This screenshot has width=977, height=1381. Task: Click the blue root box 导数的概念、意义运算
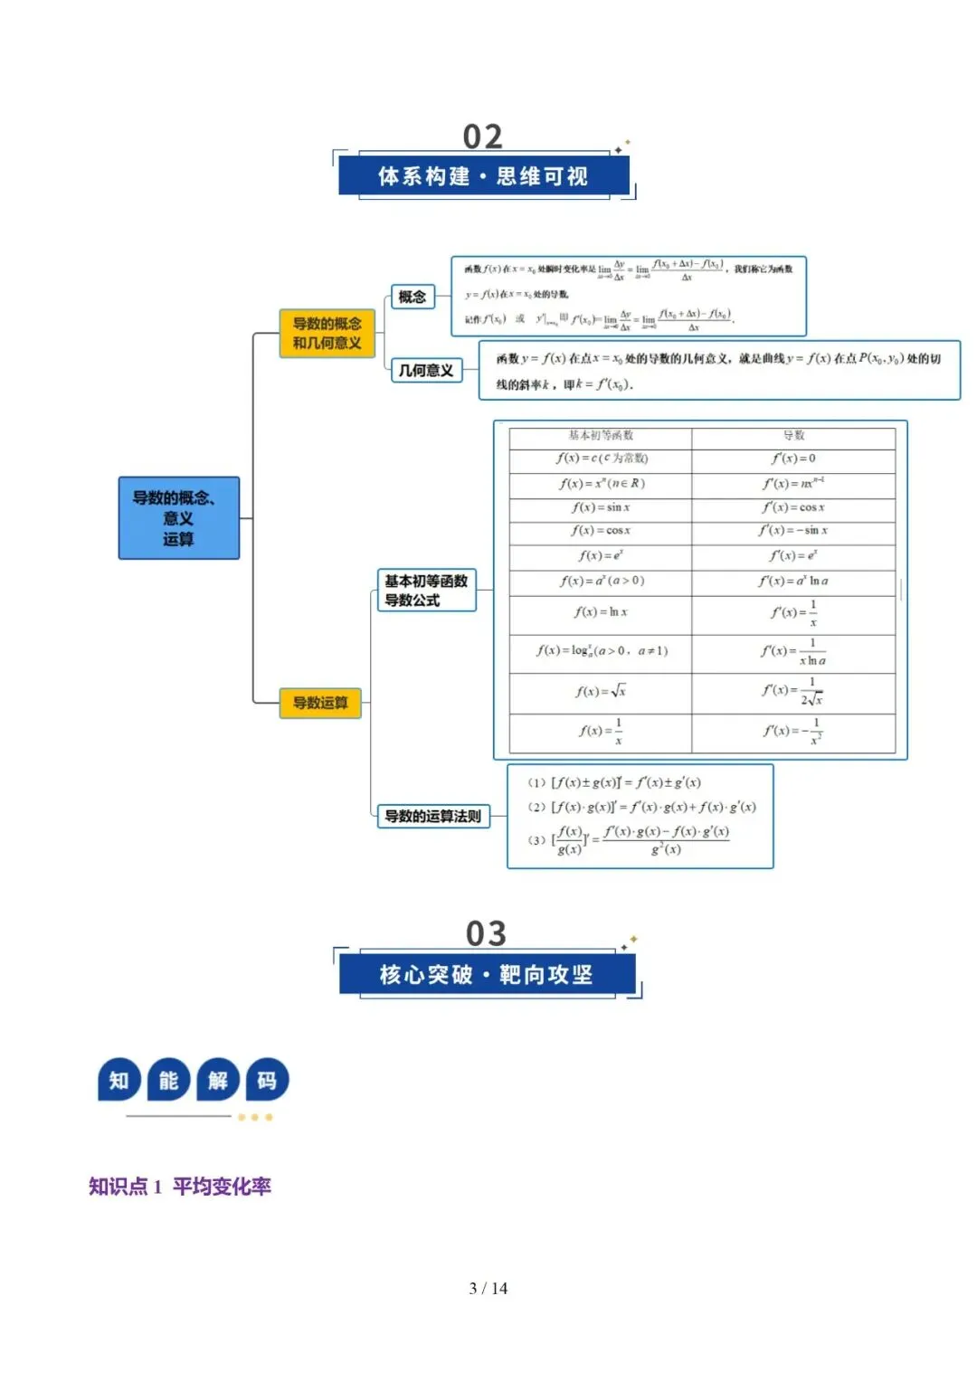179,518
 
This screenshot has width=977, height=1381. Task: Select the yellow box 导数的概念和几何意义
327,333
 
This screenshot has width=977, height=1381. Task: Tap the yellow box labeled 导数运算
320,703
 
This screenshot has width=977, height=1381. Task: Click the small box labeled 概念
412,297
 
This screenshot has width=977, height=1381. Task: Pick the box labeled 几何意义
426,370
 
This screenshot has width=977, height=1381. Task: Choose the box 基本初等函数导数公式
426,591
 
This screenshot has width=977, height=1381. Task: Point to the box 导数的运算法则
432,816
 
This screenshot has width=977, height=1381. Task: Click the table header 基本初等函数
601,436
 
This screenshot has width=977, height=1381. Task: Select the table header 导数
793,436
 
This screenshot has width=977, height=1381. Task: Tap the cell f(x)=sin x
601,507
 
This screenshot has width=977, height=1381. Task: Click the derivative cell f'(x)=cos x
793,507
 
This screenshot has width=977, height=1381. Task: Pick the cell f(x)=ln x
601,612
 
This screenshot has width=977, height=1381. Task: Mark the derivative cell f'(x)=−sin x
793,531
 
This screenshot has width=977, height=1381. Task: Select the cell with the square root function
601,692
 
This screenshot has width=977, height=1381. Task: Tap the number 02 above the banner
482,137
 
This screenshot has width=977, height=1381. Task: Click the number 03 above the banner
486,933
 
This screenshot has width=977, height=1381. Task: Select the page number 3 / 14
488,1288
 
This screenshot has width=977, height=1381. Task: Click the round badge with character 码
267,1080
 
